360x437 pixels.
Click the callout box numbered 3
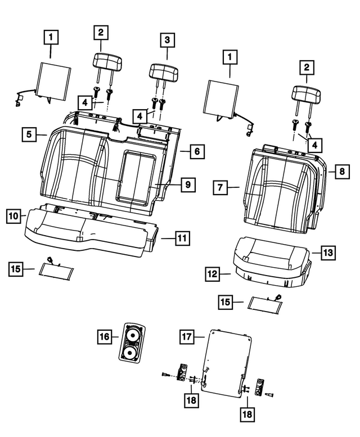coord(166,40)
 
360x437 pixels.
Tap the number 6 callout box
coord(196,151)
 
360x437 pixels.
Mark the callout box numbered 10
coord(14,215)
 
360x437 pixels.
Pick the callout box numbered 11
coord(180,238)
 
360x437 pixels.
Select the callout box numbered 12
coord(211,274)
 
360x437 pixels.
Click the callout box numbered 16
coord(103,336)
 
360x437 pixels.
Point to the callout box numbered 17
coord(187,336)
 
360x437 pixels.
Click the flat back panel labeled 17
coord(225,360)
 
